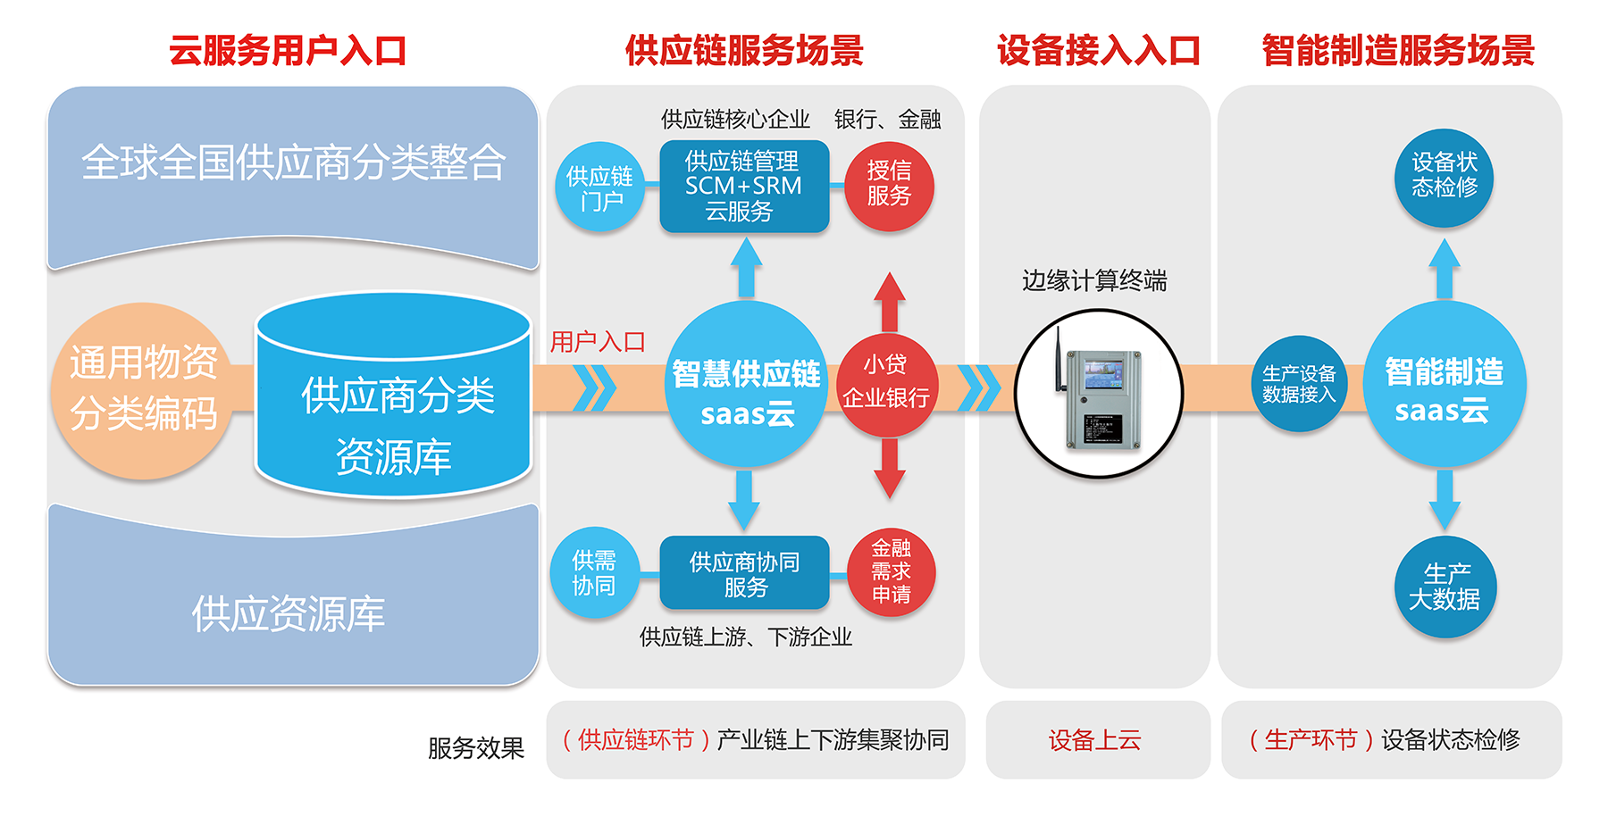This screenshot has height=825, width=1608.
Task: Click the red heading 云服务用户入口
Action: tap(288, 50)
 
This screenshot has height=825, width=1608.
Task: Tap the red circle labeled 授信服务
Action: tap(888, 186)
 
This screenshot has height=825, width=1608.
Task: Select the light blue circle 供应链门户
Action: tap(600, 187)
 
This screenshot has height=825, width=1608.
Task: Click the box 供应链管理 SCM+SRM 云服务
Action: tap(743, 187)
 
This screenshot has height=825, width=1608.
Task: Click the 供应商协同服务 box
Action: tap(744, 573)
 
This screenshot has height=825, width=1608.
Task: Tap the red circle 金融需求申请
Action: tap(891, 571)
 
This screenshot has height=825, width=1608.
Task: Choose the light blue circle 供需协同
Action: tap(594, 573)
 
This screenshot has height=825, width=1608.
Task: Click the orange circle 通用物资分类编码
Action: tap(143, 389)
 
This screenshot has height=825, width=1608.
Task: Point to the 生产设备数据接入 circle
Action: tap(1298, 384)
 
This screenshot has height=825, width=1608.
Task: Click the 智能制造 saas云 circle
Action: tap(1444, 386)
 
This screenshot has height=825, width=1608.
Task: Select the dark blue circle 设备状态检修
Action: tap(1444, 176)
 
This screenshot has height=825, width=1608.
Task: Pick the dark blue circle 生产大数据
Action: tap(1445, 587)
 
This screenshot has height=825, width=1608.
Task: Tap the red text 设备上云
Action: tap(1094, 740)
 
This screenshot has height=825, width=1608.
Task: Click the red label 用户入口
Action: tap(598, 342)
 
